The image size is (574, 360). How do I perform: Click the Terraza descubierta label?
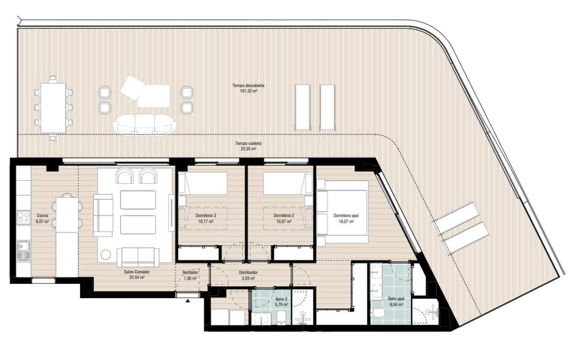[248, 85]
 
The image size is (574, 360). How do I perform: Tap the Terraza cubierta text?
[248, 143]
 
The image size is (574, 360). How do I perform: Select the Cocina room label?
[43, 215]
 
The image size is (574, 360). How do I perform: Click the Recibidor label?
[190, 272]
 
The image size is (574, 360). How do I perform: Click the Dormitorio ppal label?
[346, 215]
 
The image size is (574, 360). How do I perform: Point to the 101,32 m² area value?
[248, 90]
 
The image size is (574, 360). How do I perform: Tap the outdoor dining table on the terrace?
[53, 108]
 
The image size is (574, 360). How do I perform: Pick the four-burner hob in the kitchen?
[23, 218]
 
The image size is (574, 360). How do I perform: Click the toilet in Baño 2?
[282, 317]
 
